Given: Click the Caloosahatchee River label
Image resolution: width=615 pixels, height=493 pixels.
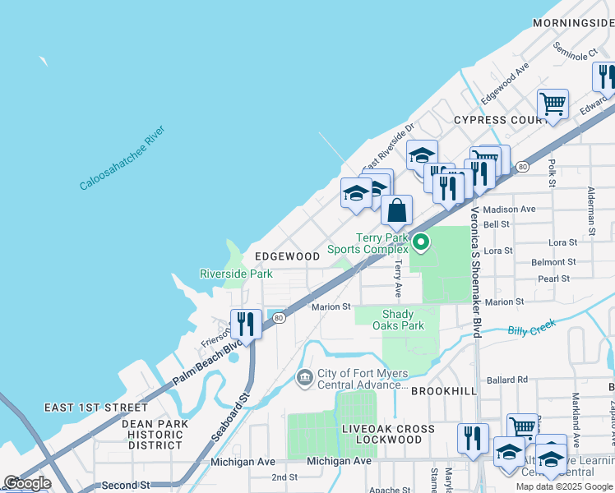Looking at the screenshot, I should [122, 159].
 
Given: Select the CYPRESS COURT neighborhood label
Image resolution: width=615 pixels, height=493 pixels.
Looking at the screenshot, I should [501, 120].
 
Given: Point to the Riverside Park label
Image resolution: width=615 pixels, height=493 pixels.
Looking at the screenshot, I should [236, 274].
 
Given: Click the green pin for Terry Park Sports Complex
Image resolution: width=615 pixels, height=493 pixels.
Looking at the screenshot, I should [421, 242].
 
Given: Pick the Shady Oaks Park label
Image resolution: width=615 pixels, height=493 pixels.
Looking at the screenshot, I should [403, 320].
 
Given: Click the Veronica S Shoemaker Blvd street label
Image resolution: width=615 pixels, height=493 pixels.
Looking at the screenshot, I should [475, 271].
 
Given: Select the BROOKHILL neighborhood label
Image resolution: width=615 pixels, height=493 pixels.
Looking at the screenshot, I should [443, 391].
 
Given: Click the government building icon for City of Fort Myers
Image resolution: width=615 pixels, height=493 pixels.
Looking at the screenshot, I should [303, 377].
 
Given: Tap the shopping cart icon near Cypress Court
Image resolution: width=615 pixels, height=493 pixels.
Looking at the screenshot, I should [553, 104].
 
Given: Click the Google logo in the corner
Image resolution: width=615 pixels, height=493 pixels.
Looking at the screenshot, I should [27, 483].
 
